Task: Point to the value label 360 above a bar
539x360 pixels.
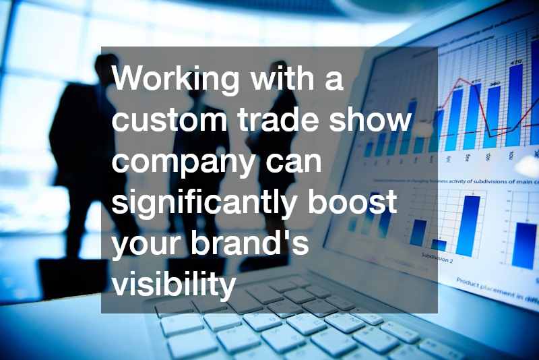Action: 495,84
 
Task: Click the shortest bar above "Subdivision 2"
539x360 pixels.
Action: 439,245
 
